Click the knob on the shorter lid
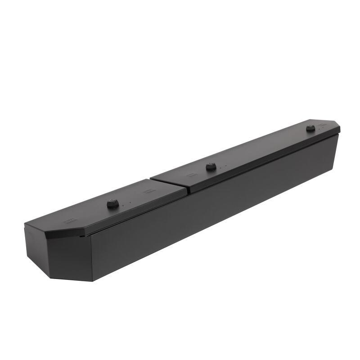[112, 204]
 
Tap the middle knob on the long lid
[210, 167]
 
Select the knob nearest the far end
[310, 129]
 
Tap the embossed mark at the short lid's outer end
[70, 220]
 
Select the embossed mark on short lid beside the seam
[147, 191]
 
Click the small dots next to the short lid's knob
[127, 202]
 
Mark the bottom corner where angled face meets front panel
[92, 281]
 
